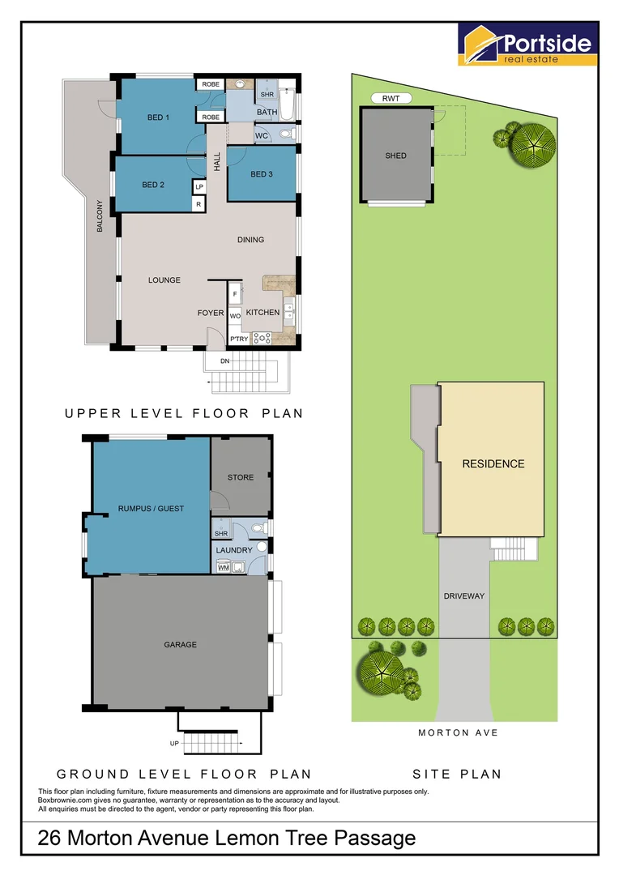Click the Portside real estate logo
528,44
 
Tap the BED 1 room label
158,117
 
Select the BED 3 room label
261,174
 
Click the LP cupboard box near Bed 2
199,186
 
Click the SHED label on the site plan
396,156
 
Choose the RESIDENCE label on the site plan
493,464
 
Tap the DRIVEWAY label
463,596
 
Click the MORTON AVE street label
458,732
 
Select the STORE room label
241,477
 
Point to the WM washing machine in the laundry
224,568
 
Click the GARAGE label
180,645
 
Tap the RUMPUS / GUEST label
151,509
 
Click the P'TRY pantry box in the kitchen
238,339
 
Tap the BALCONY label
100,216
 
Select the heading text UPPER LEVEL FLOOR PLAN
184,413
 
